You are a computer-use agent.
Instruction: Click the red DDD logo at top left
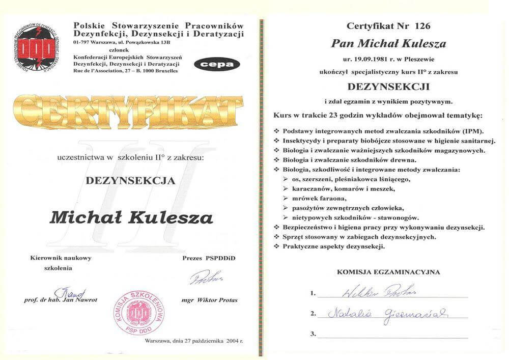(36, 45)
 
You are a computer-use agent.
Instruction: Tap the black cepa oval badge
(214, 64)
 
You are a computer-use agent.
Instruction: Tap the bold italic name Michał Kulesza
(131, 217)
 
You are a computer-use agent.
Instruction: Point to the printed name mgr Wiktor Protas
(209, 300)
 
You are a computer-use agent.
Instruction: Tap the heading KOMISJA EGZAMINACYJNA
(388, 272)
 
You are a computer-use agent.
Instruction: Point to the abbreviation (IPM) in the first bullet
(472, 131)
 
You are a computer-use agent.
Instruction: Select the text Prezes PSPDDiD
(209, 258)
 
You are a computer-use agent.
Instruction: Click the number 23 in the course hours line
(333, 116)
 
